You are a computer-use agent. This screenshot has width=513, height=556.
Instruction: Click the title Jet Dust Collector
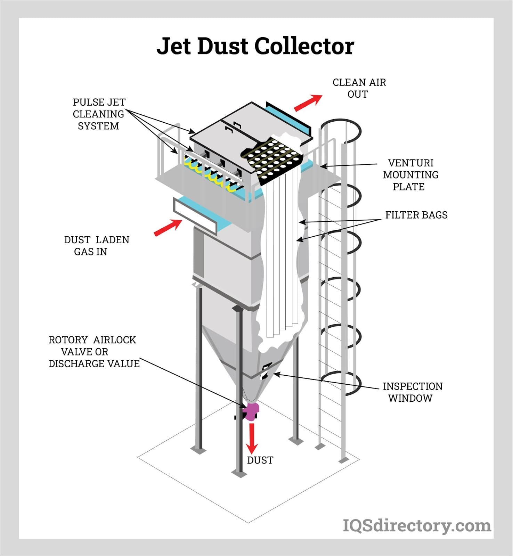[255, 46]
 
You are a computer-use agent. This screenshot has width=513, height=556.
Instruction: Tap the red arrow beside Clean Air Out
[308, 103]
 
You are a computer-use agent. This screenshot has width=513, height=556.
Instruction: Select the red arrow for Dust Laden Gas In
[168, 228]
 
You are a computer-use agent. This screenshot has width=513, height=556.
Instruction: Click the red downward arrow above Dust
[252, 439]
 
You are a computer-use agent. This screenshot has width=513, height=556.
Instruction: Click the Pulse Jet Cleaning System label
[99, 114]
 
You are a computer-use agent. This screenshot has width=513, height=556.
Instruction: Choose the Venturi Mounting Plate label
[410, 175]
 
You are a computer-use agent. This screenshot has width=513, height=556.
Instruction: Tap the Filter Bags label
[416, 215]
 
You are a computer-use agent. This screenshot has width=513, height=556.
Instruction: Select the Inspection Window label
[412, 392]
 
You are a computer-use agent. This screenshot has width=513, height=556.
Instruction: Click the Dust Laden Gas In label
[96, 246]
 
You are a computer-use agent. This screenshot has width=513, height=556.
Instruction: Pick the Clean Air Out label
[359, 88]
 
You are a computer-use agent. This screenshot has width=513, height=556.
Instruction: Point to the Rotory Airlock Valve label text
[93, 352]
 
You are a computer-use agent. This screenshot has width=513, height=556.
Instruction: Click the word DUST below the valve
[260, 460]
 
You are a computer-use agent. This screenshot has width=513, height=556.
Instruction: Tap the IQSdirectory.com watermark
[417, 525]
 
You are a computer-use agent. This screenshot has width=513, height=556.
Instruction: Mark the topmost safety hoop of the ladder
[341, 131]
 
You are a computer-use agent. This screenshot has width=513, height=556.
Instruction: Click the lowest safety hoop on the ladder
[341, 382]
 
